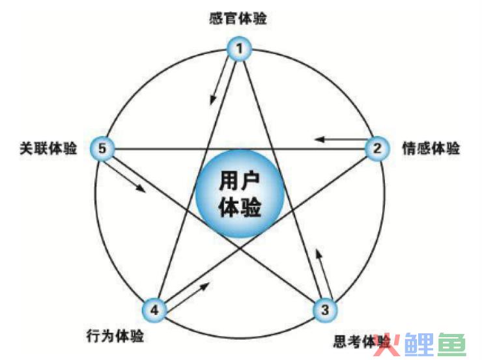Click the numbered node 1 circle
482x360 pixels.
pos(240,49)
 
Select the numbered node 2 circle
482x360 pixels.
pos(377,148)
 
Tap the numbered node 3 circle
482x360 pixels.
pos(325,310)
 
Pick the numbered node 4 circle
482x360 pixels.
pos(154,310)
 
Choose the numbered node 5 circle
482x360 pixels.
pos(102,148)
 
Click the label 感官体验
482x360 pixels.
pos(238,18)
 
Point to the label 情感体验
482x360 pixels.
pos(431,148)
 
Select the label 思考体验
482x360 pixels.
pos(361,341)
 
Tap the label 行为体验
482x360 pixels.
pos(115,336)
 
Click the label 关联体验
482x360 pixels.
pos(48,148)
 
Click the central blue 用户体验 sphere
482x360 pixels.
pos(240,194)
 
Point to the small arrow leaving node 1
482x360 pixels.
pos(220,81)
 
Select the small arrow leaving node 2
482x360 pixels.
pos(341,139)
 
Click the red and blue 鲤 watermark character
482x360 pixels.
pos(419,344)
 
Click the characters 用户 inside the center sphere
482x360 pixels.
pos(240,180)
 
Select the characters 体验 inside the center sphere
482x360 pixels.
pos(240,207)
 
